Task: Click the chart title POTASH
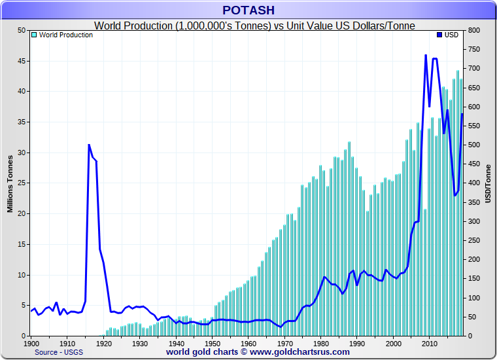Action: [248, 10]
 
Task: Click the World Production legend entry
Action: [65, 35]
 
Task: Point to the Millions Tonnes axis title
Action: [10, 184]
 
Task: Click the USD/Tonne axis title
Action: [488, 184]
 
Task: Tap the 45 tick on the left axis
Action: [21, 61]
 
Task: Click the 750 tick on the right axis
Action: [475, 50]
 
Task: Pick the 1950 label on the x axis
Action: [213, 344]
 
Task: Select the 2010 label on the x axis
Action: [429, 344]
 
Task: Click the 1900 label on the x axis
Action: [31, 344]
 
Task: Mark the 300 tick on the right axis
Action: [475, 221]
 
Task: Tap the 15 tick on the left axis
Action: [21, 244]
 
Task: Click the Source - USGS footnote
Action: [58, 352]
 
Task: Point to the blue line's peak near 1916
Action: [89, 145]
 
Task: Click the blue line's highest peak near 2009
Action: [426, 55]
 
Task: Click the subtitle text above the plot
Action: [256, 26]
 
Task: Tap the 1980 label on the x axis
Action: [320, 344]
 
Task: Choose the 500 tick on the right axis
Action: [475, 145]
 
